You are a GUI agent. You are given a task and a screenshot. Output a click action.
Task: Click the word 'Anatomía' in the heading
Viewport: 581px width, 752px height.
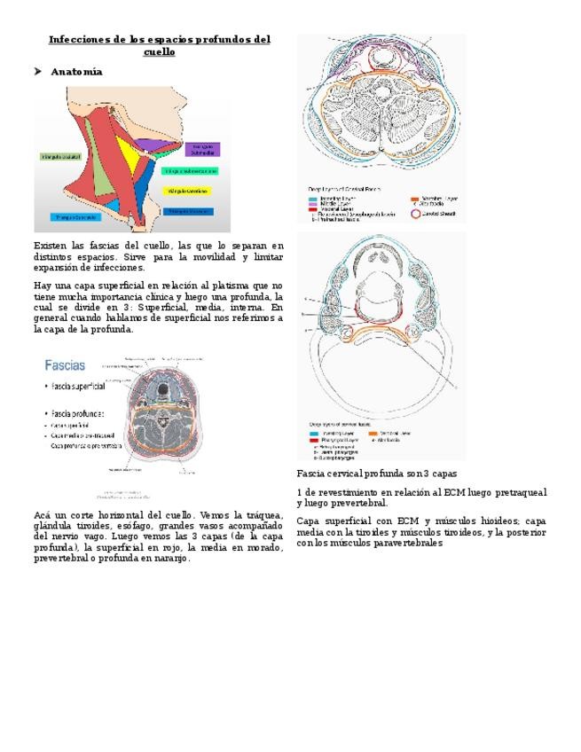pos(76,72)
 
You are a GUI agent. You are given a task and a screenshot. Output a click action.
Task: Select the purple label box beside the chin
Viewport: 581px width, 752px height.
pos(202,149)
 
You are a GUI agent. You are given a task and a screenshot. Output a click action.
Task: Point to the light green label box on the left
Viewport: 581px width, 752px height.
pos(61,156)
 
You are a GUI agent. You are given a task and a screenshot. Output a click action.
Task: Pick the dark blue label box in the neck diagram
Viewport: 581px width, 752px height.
pos(189,211)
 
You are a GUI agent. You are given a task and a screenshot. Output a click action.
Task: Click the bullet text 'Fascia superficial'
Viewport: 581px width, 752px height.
pos(78,387)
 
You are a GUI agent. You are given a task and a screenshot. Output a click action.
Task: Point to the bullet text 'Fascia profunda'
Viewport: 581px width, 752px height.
pos(77,413)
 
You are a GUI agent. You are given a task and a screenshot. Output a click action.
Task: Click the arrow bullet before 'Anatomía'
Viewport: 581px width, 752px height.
pos(37,72)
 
